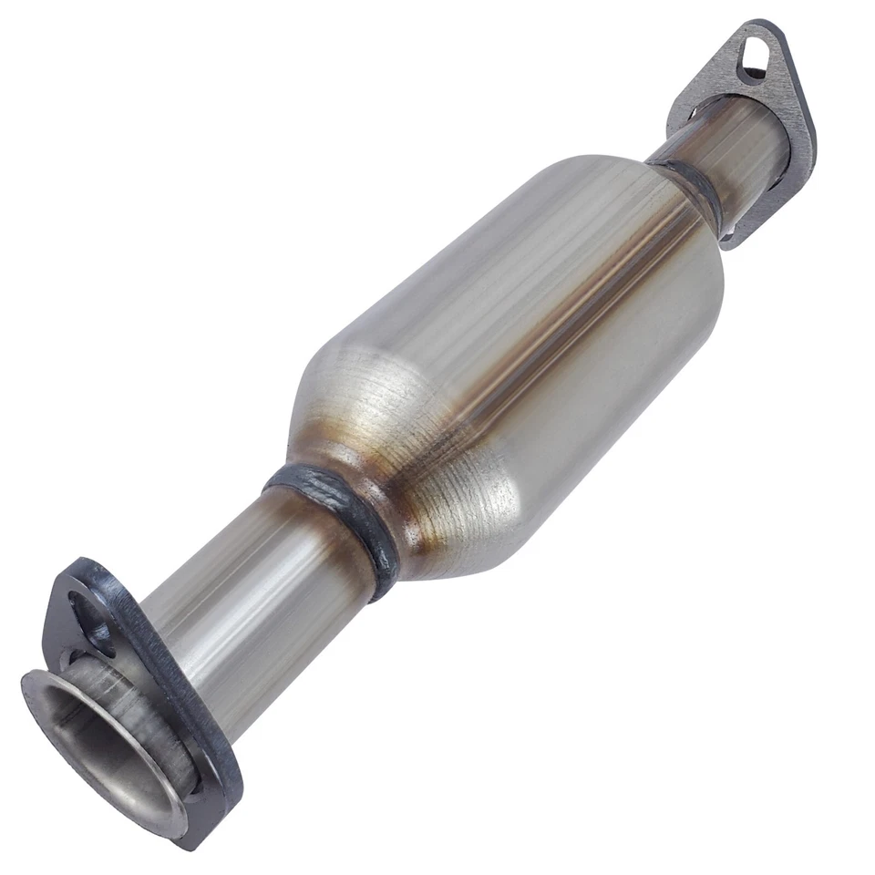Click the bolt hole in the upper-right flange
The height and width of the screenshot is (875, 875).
click(753, 56)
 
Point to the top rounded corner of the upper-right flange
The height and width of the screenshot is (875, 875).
click(757, 27)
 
